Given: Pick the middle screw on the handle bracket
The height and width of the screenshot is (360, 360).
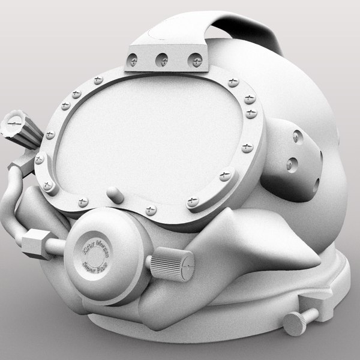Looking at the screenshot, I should [x=161, y=59].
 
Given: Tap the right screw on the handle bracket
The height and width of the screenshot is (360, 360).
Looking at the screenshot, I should [x=195, y=59].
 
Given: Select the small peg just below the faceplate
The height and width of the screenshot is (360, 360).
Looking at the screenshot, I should [x=115, y=195].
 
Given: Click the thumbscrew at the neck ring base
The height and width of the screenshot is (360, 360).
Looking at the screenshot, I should [x=296, y=323].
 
